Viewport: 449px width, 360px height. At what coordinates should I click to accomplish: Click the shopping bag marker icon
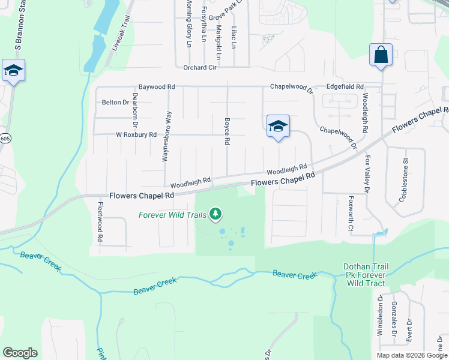click(381, 55)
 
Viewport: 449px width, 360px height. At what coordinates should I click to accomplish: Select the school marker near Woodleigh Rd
click(278, 127)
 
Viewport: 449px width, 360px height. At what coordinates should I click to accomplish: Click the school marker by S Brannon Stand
click(13, 71)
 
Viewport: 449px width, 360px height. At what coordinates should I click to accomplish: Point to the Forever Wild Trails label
click(172, 215)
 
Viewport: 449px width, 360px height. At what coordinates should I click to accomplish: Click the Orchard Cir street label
click(200, 67)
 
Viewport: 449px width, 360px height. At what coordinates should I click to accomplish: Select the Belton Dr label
click(116, 103)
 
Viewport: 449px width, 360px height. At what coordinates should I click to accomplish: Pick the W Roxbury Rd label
click(136, 134)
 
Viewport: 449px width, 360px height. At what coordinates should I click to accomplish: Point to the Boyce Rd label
click(228, 131)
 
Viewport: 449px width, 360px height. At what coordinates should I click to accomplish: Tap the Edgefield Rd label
click(345, 87)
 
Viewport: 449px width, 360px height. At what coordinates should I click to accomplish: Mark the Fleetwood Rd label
click(100, 222)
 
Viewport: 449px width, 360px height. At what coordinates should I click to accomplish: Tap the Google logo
click(20, 353)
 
